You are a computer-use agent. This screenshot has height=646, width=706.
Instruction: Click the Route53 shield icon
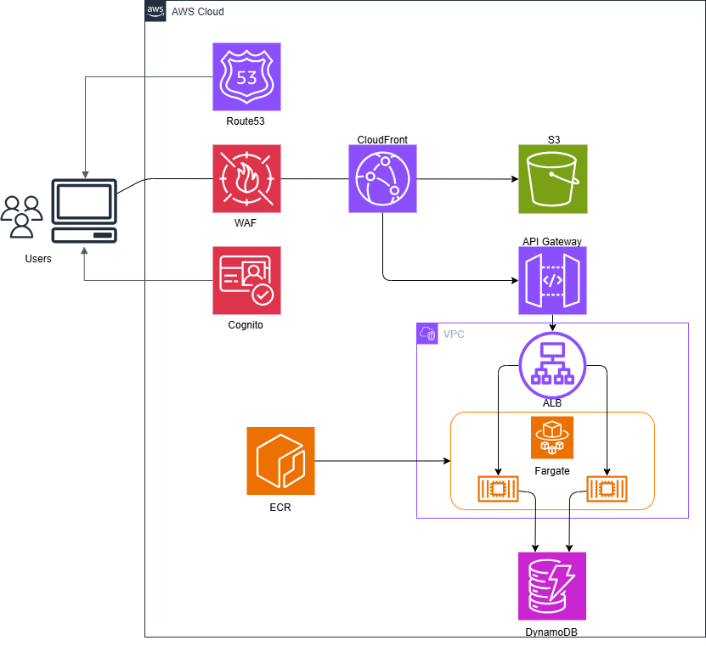point(246,77)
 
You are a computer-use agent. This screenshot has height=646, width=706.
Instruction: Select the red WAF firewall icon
point(246,178)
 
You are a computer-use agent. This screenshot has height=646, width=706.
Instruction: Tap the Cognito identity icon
point(246,280)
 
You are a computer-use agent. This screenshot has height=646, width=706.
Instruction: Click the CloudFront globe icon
point(382,178)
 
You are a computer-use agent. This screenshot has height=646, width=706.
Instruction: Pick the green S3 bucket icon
point(553,179)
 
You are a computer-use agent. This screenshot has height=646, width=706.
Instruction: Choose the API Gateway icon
point(552,280)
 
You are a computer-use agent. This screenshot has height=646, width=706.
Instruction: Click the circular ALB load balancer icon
point(552,365)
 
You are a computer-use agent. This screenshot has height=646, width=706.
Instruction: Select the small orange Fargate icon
point(552,437)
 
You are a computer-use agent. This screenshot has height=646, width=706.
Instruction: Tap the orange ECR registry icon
point(280,461)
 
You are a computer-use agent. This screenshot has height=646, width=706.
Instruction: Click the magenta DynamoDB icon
point(552,587)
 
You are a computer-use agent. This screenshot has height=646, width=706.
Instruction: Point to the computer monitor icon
point(84,211)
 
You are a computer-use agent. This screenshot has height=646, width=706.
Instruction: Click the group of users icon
point(21,216)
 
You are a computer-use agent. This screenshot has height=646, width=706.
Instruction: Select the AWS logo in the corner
point(155,11)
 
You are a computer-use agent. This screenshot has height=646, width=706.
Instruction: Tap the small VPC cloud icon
point(427,334)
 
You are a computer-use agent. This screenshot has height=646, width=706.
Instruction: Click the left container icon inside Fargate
point(498,489)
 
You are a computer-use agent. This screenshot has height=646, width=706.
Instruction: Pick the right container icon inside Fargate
point(607,489)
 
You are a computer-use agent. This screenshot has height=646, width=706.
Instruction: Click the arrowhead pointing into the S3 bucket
point(515,179)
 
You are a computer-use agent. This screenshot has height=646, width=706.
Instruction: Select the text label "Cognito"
point(246,325)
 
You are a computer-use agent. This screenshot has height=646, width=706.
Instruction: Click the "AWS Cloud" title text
point(198,12)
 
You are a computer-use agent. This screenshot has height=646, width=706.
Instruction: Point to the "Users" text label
point(38,259)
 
